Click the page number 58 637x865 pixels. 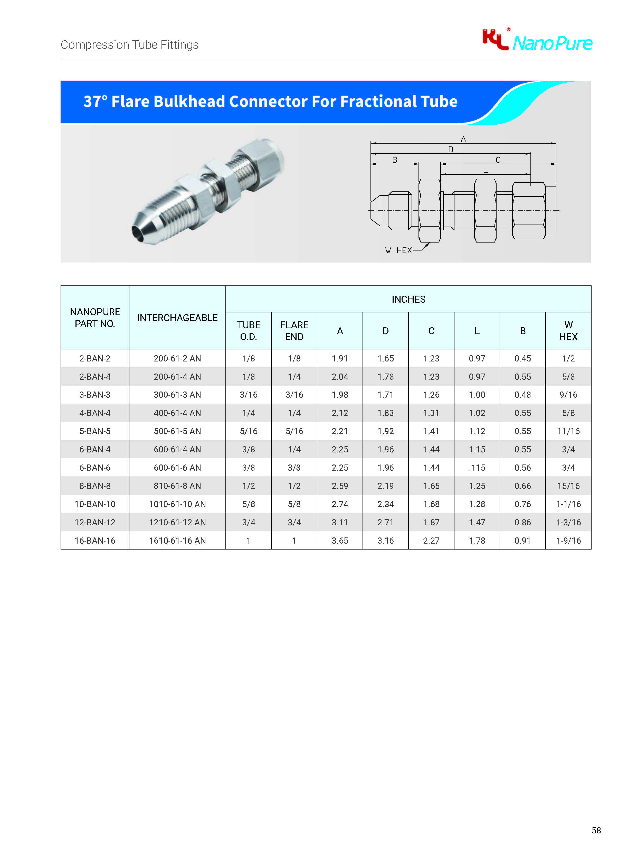(x=596, y=830)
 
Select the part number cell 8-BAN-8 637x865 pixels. (x=95, y=486)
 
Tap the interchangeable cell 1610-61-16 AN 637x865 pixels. (x=177, y=541)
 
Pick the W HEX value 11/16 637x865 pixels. (x=568, y=431)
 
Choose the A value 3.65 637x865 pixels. (x=340, y=541)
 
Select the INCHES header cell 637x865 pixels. (x=408, y=299)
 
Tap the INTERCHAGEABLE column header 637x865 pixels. (x=177, y=318)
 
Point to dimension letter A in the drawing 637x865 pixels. (x=463, y=139)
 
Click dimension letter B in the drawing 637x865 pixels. (x=394, y=160)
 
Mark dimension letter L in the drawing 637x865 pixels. (x=485, y=170)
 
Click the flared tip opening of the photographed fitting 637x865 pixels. (x=137, y=233)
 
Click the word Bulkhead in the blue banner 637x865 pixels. (x=188, y=101)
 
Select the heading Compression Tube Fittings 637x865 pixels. (x=130, y=45)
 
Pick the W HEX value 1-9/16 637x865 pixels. (x=568, y=541)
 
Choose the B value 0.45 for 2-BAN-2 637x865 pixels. (x=522, y=358)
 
